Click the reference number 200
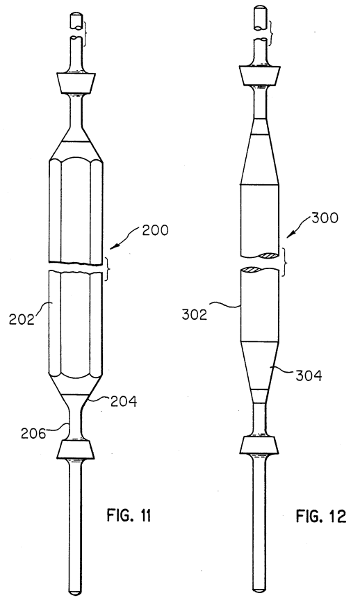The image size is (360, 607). (155, 230)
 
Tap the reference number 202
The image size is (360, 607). (22, 319)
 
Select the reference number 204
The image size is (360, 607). (124, 401)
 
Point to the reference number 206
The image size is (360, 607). (33, 433)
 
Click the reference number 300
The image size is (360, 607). (325, 218)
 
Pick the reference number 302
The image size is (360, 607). (195, 315)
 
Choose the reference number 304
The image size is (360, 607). (309, 375)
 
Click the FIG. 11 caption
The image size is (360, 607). (129, 516)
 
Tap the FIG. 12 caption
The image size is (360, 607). (321, 516)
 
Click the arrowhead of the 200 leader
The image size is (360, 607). (112, 247)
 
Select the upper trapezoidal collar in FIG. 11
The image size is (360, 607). (76, 83)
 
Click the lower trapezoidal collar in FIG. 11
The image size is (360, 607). (76, 449)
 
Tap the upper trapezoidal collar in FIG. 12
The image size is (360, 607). (259, 75)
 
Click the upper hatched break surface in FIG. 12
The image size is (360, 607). (268, 255)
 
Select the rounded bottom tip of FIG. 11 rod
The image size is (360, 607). (75, 592)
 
